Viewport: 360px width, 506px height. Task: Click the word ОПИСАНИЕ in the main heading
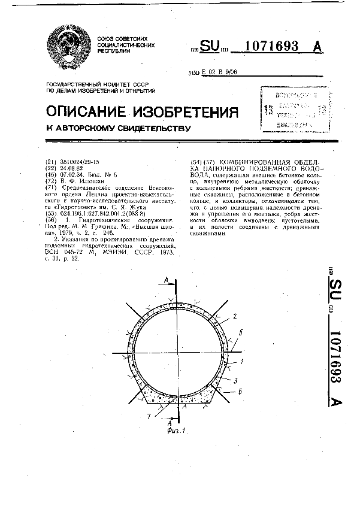pos(84,111)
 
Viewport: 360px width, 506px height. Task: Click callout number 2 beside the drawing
pos(235,316)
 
